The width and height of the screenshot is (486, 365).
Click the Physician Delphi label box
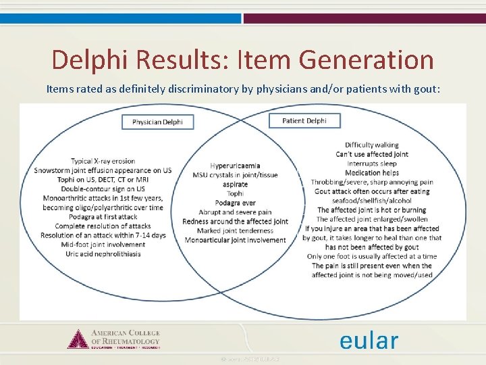point(157,122)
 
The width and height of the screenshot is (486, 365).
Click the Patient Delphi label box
point(304,121)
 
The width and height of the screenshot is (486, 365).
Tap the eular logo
point(369,340)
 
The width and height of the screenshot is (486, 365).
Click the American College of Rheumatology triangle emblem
point(78,339)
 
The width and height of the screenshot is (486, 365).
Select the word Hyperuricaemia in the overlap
point(235,166)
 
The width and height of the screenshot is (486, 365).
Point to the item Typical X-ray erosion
point(103,161)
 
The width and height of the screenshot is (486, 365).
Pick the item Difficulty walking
point(371,145)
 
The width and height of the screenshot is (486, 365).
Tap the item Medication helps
point(372,173)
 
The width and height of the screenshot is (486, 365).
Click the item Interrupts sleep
point(372,164)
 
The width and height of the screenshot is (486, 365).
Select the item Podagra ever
point(235,203)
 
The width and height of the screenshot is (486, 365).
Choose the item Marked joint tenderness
point(235,230)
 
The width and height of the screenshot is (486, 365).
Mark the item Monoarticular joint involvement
point(235,240)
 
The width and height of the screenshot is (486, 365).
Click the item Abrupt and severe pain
point(235,212)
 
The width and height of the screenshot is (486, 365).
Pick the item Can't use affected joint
point(372,154)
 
